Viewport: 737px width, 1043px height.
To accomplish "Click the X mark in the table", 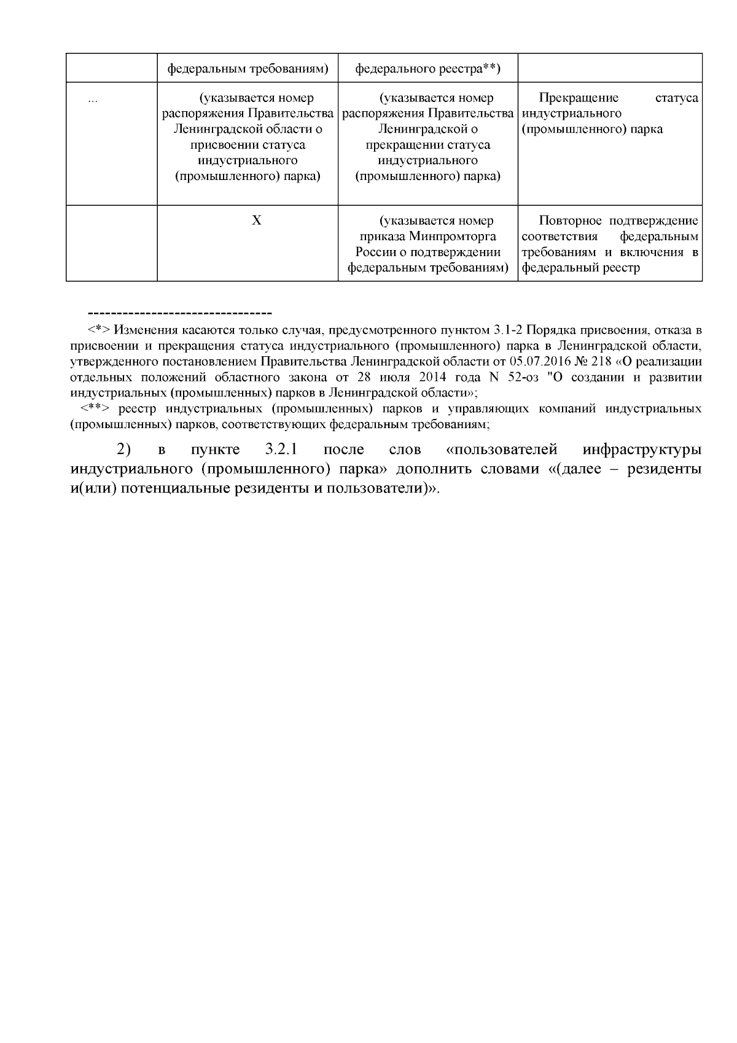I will pos(257,220).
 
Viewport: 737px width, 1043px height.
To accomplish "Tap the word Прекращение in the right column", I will pos(579,98).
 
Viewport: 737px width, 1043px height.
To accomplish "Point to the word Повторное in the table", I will pos(571,221).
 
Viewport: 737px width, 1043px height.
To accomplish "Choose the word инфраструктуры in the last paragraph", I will pos(642,450).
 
